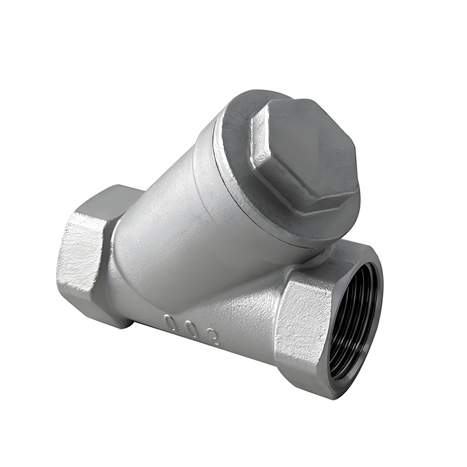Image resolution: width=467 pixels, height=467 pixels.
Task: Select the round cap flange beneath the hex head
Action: click(x=233, y=175)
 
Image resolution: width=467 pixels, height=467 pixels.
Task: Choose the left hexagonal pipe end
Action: click(x=88, y=257)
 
